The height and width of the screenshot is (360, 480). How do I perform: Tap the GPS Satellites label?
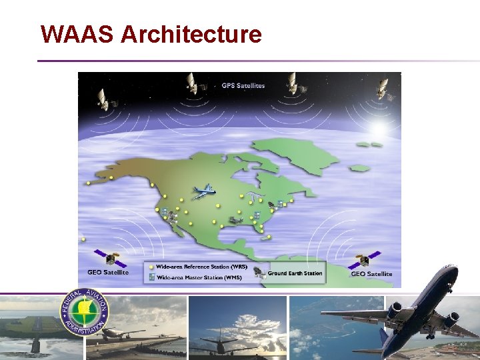pyautogui.click(x=243, y=85)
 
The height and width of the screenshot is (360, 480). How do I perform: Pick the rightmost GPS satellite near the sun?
pyautogui.click(x=381, y=88)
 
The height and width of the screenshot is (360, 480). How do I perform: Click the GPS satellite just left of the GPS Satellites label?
pyautogui.click(x=192, y=83)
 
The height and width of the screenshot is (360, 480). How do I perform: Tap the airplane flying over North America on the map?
pyautogui.click(x=203, y=191)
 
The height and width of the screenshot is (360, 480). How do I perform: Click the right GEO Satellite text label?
pyautogui.click(x=371, y=274)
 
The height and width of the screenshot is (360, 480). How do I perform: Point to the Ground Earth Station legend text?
pyautogui.click(x=295, y=273)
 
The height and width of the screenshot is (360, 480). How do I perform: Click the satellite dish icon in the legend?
pyautogui.click(x=259, y=273)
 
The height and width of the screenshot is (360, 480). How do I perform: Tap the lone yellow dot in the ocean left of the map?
pyautogui.click(x=83, y=239)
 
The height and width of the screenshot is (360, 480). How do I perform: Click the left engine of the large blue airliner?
pyautogui.click(x=395, y=310)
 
